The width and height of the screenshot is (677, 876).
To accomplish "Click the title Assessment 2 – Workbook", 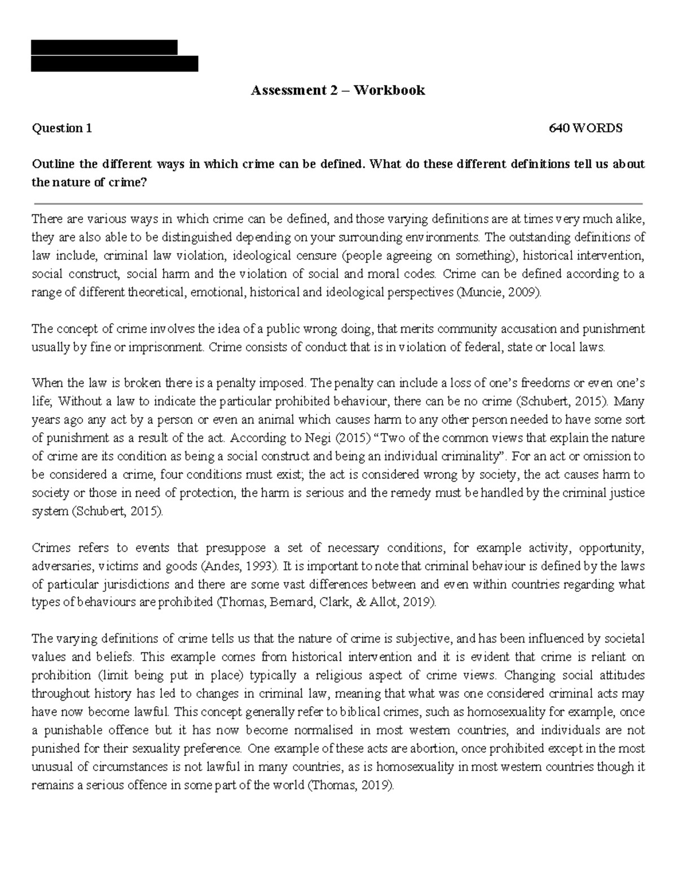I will tap(338, 90).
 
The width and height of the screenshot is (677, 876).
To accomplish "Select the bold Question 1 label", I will tap(62, 128).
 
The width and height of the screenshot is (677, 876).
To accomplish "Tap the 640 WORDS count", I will tap(586, 128).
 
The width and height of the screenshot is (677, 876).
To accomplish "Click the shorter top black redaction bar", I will tap(104, 47).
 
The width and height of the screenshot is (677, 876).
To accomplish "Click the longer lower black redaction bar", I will tap(115, 64).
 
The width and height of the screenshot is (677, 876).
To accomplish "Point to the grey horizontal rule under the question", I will tap(338, 203).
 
